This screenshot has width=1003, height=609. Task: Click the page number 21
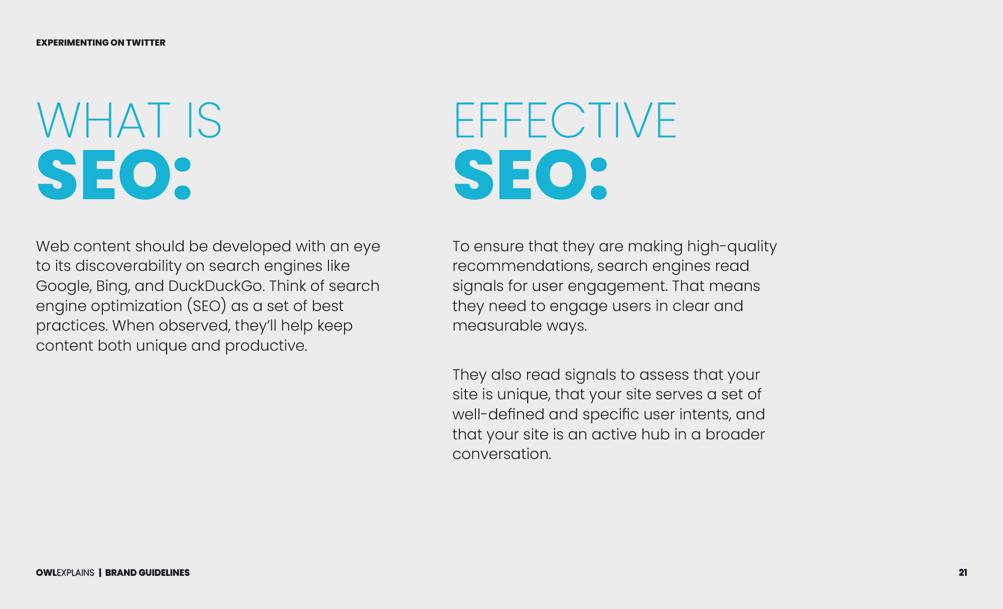pyautogui.click(x=963, y=572)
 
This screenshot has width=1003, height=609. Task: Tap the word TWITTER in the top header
pyautogui.click(x=145, y=43)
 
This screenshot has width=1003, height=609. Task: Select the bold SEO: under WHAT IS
pyautogui.click(x=114, y=175)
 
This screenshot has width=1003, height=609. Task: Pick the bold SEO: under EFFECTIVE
pyautogui.click(x=531, y=175)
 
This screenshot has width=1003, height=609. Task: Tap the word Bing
pyautogui.click(x=113, y=286)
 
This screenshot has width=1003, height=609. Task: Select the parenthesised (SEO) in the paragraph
pyautogui.click(x=207, y=306)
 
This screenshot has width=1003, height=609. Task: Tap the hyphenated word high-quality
pyautogui.click(x=732, y=247)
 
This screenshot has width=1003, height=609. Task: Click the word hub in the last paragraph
pyautogui.click(x=655, y=434)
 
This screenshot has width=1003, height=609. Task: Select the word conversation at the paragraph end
pyautogui.click(x=502, y=454)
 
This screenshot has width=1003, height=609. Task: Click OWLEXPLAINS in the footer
pyautogui.click(x=65, y=573)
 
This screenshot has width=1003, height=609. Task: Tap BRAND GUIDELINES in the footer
pyautogui.click(x=147, y=573)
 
